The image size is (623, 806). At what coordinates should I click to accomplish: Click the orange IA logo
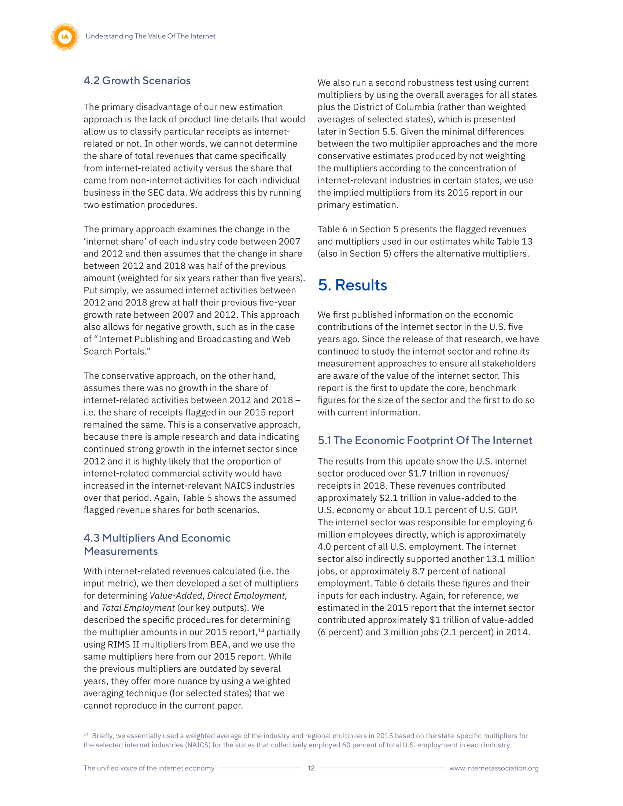coord(65,37)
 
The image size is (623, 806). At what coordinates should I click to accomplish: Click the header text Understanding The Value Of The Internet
coord(150,36)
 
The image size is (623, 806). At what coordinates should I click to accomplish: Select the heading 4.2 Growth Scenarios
coord(137,81)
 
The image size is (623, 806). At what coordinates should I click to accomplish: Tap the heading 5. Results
coord(352,285)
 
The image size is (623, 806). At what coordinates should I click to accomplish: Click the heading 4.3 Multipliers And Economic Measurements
coord(157,544)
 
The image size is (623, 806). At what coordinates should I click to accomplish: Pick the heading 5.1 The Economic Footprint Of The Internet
coord(424,440)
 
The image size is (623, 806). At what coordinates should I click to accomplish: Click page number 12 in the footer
coord(311,768)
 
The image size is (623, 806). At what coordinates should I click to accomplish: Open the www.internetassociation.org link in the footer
coord(494,768)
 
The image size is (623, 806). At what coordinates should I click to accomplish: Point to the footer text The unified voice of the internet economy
coord(149,768)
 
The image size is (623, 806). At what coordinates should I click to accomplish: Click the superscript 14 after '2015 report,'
coord(261,631)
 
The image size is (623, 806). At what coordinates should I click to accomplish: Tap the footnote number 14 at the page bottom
coord(86,735)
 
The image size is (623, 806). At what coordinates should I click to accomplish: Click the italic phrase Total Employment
coord(138,608)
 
